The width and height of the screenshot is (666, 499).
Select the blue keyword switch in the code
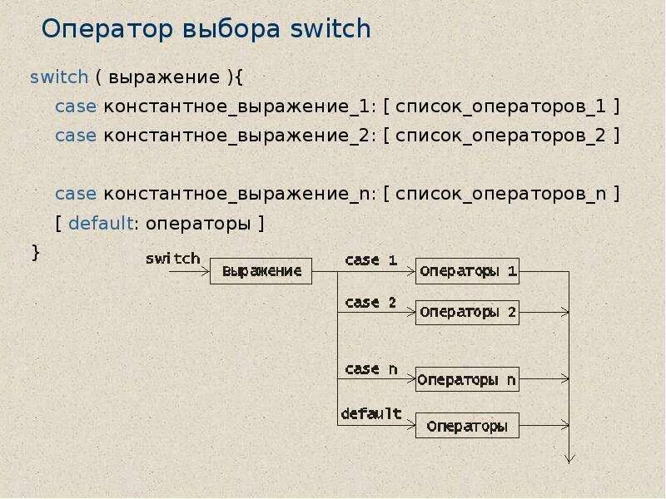pyautogui.click(x=58, y=77)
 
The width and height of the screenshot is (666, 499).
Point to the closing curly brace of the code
pyautogui.click(x=35, y=252)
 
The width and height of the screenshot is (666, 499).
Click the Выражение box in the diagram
pyautogui.click(x=261, y=271)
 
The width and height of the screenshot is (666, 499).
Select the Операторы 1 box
pyautogui.click(x=467, y=271)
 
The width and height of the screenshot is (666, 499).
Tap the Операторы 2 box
pyautogui.click(x=467, y=313)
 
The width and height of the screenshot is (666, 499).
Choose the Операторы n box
pyautogui.click(x=467, y=380)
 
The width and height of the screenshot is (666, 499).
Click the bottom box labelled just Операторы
pyautogui.click(x=467, y=426)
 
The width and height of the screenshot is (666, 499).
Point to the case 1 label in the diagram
pyautogui.click(x=371, y=260)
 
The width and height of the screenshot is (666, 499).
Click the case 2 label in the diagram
pyautogui.click(x=371, y=303)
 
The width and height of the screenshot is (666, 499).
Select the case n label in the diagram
pyautogui.click(x=371, y=369)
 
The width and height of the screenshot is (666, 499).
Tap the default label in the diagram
pyautogui.click(x=371, y=413)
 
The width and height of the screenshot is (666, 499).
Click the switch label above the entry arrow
pyautogui.click(x=173, y=259)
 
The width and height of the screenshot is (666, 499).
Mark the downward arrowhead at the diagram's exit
pyautogui.click(x=569, y=457)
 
